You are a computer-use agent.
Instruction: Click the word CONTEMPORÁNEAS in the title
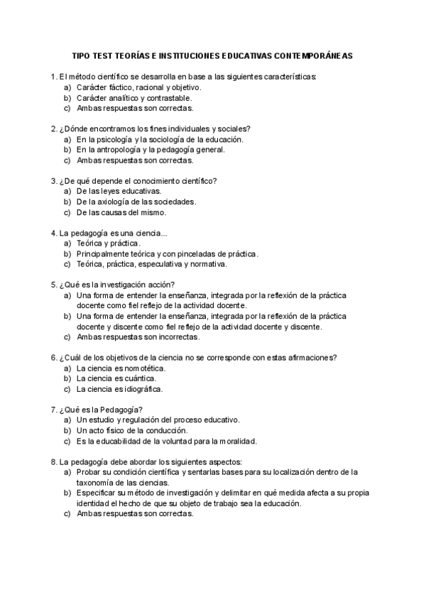tap(317, 54)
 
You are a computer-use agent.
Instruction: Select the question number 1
tap(54, 77)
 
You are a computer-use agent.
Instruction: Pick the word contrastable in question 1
tap(168, 98)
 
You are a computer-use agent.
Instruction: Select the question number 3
tap(54, 181)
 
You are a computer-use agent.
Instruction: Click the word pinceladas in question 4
tap(197, 253)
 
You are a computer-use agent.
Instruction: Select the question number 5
tap(54, 285)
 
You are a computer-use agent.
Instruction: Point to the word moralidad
tap(235, 441)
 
